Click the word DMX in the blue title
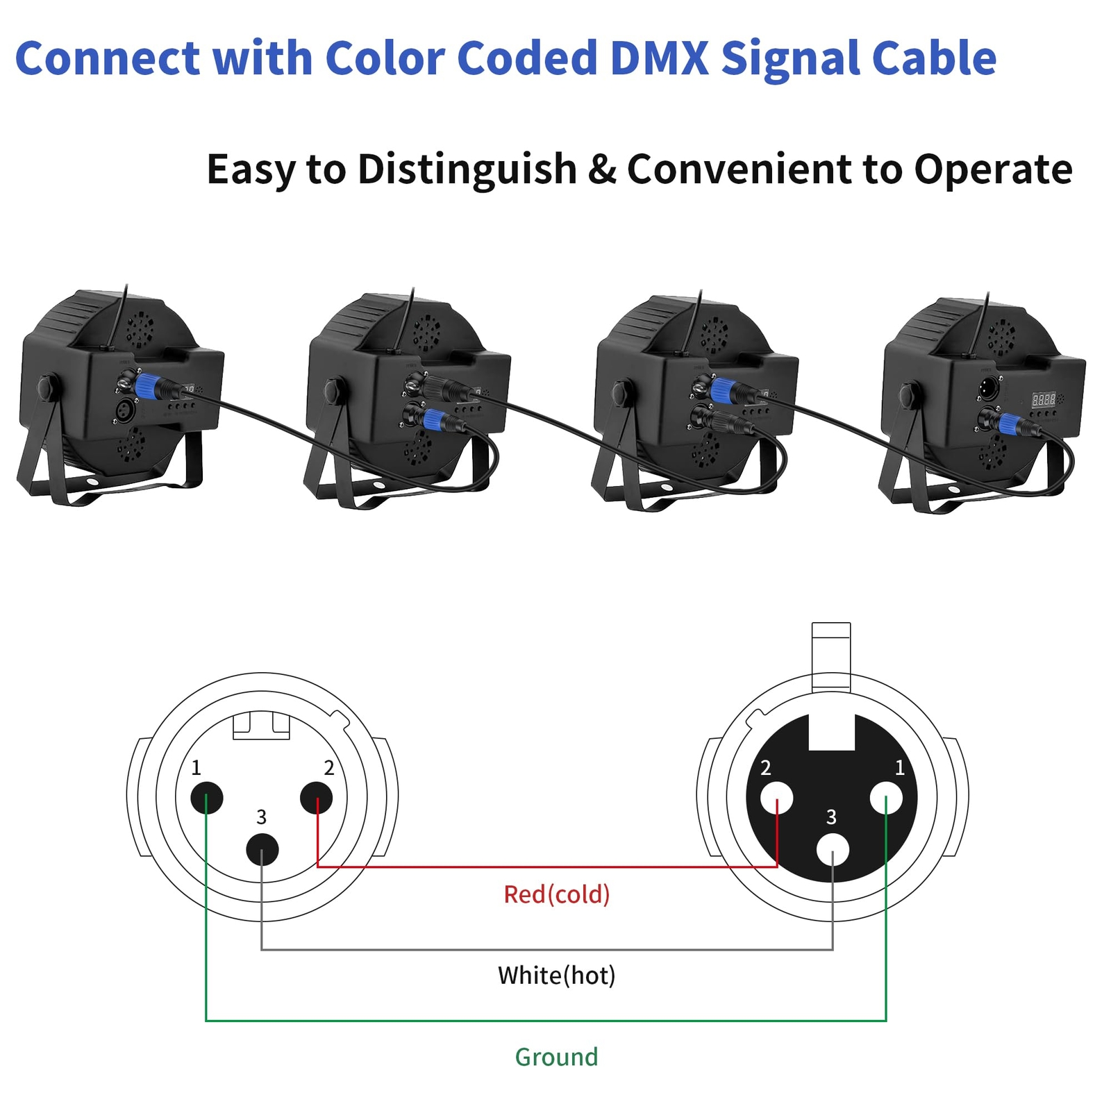click(659, 58)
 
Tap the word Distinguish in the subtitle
click(467, 169)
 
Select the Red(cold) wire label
click(556, 894)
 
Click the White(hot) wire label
click(556, 976)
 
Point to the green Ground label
click(556, 1057)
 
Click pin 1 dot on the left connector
click(206, 798)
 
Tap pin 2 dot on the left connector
click(317, 798)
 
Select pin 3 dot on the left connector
click(262, 849)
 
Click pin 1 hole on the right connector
click(886, 798)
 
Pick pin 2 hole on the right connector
click(776, 798)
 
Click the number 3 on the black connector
click(831, 817)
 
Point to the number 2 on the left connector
click(329, 768)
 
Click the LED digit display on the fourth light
click(1043, 399)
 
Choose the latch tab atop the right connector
click(831, 656)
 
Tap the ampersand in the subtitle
click(601, 169)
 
